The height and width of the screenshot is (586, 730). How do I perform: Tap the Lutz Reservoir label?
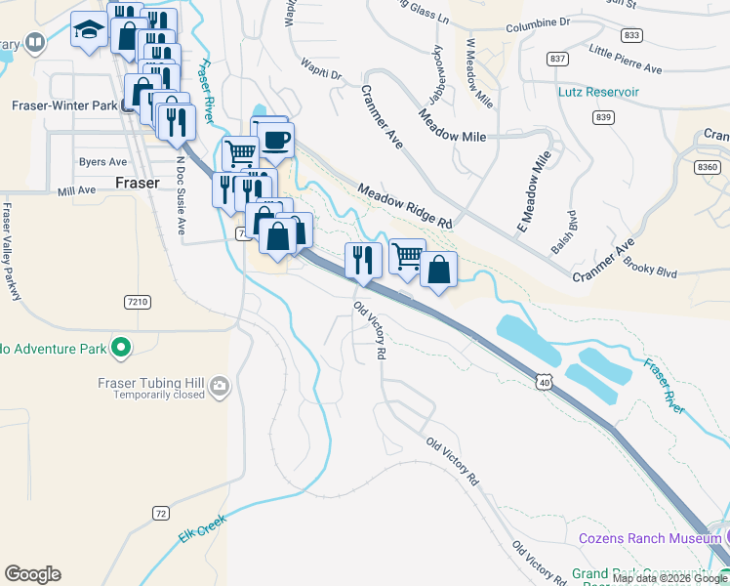click(598, 92)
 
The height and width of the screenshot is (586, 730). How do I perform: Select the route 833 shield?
click(632, 35)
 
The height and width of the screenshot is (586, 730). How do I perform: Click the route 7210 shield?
click(138, 303)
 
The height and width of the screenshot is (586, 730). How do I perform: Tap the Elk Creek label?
click(202, 529)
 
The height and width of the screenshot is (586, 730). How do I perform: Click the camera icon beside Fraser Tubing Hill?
click(220, 386)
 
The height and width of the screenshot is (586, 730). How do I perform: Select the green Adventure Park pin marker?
click(121, 347)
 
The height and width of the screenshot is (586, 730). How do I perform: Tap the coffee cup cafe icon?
click(276, 140)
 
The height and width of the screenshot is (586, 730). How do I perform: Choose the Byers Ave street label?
click(103, 162)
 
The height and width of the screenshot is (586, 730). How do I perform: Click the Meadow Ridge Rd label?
click(404, 206)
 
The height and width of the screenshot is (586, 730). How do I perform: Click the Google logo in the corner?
click(32, 574)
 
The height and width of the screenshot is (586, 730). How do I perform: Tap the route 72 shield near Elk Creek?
click(161, 513)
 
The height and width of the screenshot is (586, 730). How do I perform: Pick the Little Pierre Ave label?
click(626, 59)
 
